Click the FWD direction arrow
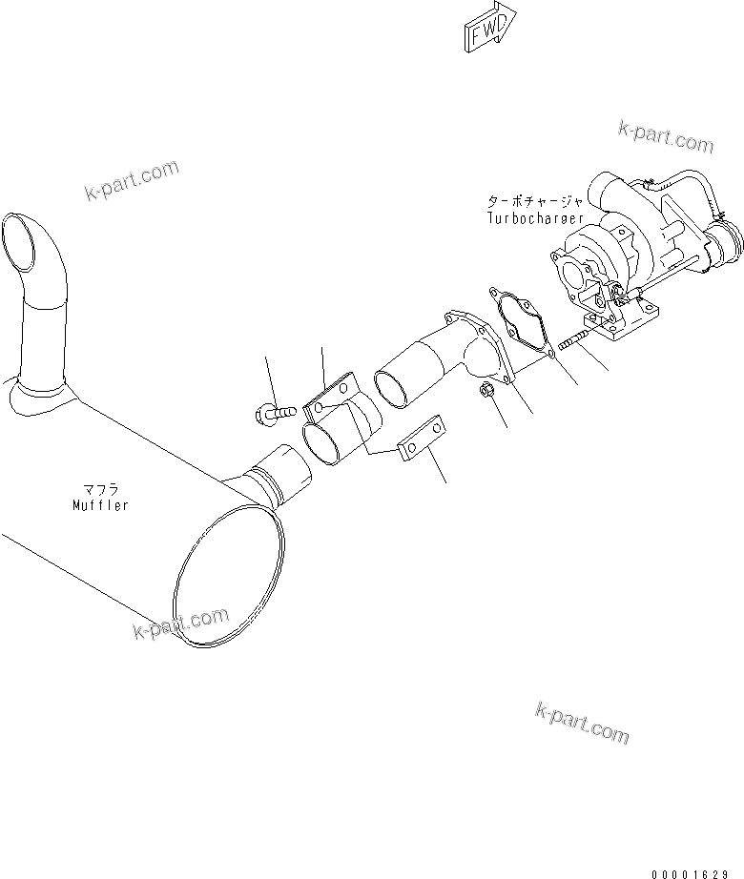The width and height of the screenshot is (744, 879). pos(489,26)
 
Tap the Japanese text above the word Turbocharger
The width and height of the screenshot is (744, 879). pos(530,201)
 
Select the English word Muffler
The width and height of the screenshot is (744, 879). pos(99,505)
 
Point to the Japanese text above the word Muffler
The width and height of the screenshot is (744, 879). pos(100,490)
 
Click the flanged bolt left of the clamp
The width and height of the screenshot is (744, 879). pos(271,413)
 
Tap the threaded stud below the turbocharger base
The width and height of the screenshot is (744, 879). pos(570,340)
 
